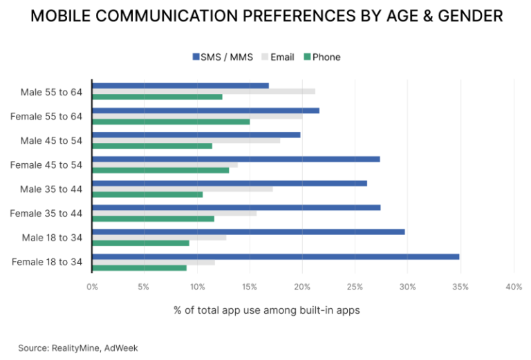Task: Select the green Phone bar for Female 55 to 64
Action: coord(171,122)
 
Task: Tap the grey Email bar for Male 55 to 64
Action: coord(203,91)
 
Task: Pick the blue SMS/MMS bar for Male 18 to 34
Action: coord(248,232)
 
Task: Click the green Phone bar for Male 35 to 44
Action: coord(147,194)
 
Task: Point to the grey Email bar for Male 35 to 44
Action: coord(182,189)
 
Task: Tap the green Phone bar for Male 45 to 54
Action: coord(152,146)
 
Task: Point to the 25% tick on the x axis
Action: coord(355,286)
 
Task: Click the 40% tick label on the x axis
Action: coord(513,286)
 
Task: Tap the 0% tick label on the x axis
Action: coord(92,286)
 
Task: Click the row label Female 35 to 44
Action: coord(46,214)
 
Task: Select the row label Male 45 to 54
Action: coord(52,140)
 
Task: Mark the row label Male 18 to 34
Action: coord(52,238)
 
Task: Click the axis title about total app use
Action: coord(266,310)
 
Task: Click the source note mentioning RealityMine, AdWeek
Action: coord(78,348)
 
